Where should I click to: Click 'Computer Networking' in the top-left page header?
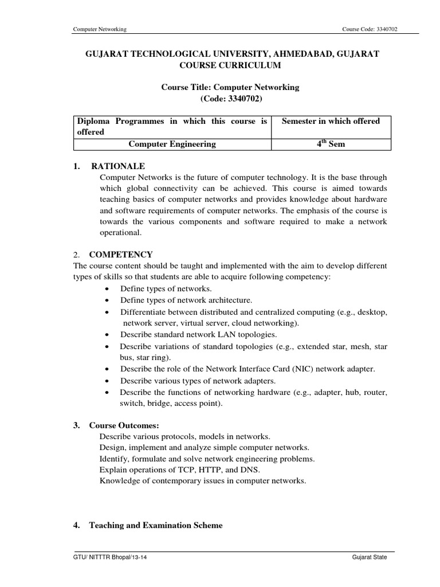[x=100, y=30]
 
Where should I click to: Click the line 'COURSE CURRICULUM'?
[x=232, y=65]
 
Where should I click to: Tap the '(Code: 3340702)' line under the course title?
[x=232, y=99]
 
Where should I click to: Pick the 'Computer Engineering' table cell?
[x=172, y=144]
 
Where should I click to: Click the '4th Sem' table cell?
[x=331, y=144]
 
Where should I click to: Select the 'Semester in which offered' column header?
[x=331, y=121]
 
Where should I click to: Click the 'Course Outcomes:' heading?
[x=124, y=425]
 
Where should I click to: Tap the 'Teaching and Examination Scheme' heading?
[x=155, y=525]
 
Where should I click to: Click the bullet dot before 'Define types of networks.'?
[x=108, y=289]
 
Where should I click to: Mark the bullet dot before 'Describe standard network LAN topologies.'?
[x=108, y=335]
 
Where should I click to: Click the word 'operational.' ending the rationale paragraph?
[x=119, y=233]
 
